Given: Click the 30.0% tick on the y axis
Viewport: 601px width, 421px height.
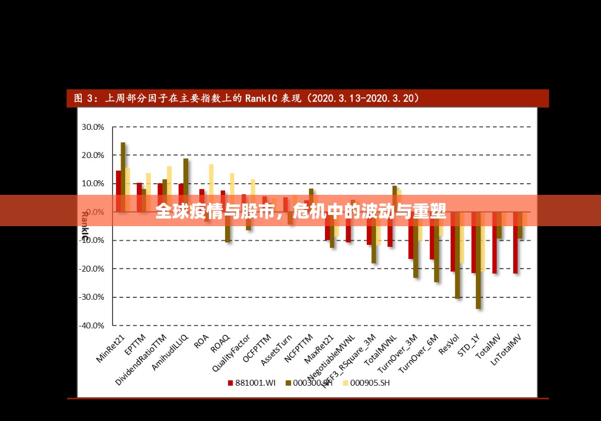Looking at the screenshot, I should coord(92,127).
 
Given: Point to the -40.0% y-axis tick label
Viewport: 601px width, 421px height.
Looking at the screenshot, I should coord(91,326).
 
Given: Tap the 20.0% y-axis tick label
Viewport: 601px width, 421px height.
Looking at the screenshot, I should coord(92,155).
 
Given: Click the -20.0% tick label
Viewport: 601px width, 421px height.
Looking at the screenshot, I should coord(91,269).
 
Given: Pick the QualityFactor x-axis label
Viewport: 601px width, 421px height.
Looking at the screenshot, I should coord(232,353).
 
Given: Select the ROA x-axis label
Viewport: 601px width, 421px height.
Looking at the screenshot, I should coord(201,341).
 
